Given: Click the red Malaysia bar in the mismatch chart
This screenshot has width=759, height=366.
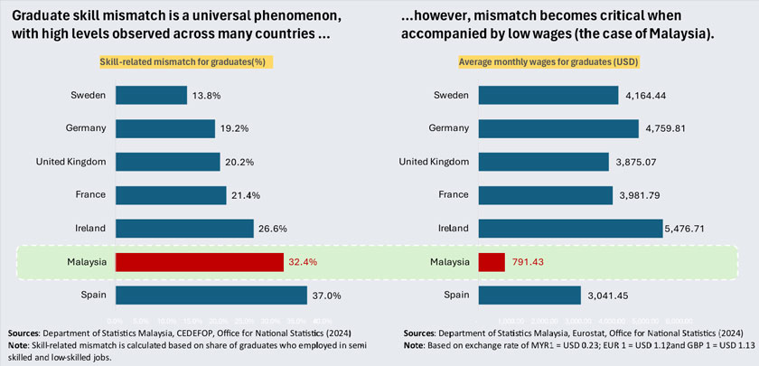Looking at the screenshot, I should (x=199, y=262).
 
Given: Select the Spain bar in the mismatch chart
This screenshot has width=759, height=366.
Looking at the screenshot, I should (x=211, y=296).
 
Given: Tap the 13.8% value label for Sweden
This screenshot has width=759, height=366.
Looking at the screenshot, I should (x=205, y=96).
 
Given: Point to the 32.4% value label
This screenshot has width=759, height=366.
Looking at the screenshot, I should (x=305, y=262).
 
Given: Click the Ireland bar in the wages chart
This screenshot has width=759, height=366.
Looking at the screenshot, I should (x=570, y=229).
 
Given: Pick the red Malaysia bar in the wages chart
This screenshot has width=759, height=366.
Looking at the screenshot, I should (x=491, y=262).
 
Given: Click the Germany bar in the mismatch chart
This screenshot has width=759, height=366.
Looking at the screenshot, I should (x=164, y=128).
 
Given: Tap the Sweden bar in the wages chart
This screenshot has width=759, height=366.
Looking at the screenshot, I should (x=548, y=96).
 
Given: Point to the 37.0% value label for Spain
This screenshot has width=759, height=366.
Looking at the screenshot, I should (x=327, y=296).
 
